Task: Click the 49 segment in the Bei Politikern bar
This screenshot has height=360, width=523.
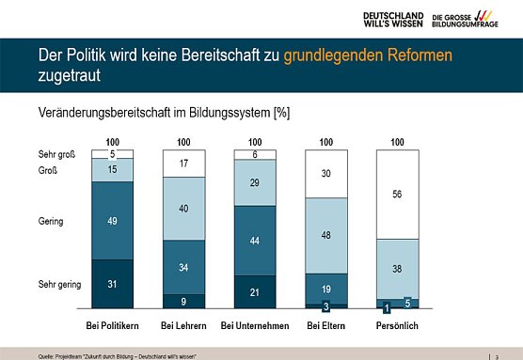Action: [x=112, y=220]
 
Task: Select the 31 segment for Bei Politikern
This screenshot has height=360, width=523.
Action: [x=112, y=284]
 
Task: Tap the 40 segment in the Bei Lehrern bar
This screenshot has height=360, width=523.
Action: [x=182, y=208]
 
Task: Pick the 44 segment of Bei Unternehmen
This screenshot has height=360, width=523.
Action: [x=253, y=241]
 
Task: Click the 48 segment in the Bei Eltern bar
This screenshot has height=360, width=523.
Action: [x=325, y=235]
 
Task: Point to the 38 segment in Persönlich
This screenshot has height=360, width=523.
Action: [x=396, y=268]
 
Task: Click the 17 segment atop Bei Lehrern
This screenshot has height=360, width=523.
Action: [x=182, y=163]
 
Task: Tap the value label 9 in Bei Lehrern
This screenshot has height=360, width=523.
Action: [x=182, y=301]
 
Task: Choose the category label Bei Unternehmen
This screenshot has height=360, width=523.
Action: [x=253, y=325]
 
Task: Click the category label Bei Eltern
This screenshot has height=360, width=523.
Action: [x=325, y=325]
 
